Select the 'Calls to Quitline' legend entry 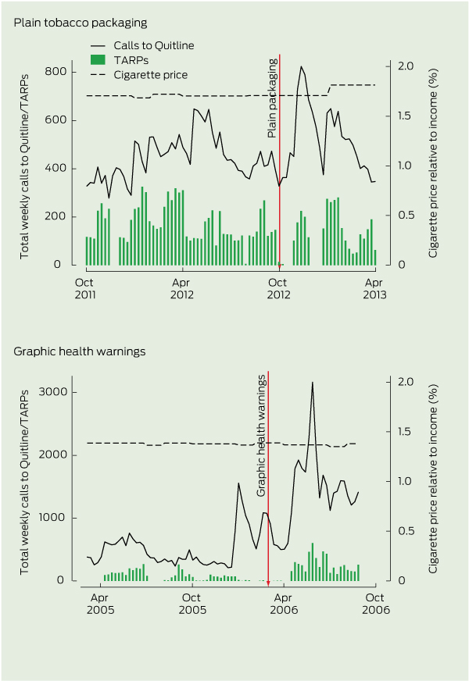pyautogui.click(x=152, y=46)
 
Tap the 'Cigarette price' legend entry pyautogui.click(x=150, y=74)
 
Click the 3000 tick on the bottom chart pyautogui.click(x=51, y=392)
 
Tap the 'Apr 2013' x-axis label pyautogui.click(x=375, y=288)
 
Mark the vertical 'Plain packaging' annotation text pyautogui.click(x=273, y=94)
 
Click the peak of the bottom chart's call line pyautogui.click(x=313, y=383)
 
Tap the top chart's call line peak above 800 pyautogui.click(x=301, y=67)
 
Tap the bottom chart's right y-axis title pyautogui.click(x=434, y=482)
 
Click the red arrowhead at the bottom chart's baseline pyautogui.click(x=268, y=582)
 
